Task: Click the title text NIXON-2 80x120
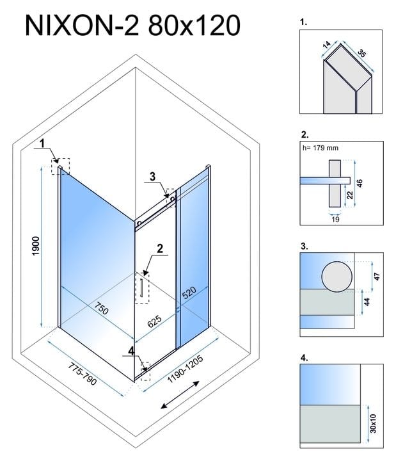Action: point(133,26)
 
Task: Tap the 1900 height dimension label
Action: point(36,246)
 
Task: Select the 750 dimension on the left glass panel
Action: point(101,308)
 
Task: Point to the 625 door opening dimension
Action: point(154,321)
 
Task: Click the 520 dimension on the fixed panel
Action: point(189,293)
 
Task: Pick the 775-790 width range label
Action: point(83,373)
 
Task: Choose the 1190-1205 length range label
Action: point(185,369)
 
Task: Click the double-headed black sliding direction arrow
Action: point(180,394)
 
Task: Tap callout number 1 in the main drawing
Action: point(42,143)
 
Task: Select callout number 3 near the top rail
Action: point(152,177)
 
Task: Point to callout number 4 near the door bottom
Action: point(131,351)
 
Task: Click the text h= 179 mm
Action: point(321,148)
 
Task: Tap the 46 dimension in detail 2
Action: point(360,183)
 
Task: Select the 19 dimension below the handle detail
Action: point(335,219)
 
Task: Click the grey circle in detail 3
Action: point(337,277)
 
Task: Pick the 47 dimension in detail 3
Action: point(377,277)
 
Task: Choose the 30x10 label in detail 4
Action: point(373,423)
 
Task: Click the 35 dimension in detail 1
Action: point(362,54)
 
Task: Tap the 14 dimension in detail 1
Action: point(327,45)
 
